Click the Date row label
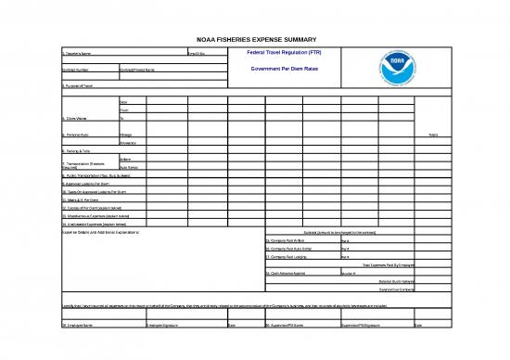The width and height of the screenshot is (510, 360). click(x=125, y=100)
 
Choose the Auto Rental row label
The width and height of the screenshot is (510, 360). click(x=129, y=167)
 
